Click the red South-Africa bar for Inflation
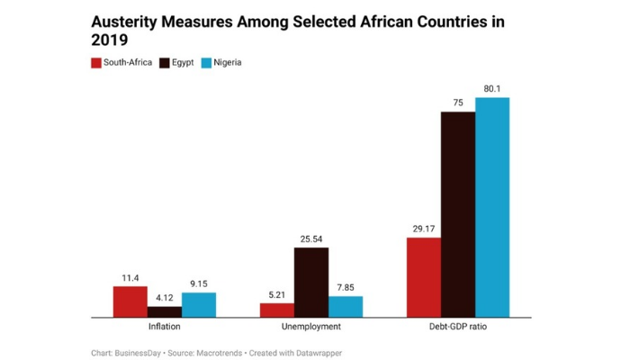coord(130,301)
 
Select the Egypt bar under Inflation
coord(164,311)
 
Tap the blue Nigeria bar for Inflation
coord(199,305)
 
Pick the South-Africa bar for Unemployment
coord(276,310)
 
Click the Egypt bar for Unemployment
coord(311,282)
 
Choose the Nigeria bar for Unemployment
coord(346,307)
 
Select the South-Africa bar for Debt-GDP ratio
coord(423,277)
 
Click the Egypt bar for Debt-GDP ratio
coord(457,214)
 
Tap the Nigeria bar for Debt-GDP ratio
coord(492,207)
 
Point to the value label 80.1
coord(492,88)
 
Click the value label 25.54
coord(311,238)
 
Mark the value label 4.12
coord(164,298)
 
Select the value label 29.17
coord(423,229)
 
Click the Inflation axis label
coord(164,327)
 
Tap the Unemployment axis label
coord(311,327)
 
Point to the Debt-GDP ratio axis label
coord(457,327)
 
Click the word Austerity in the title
coord(130,20)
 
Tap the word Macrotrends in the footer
coord(220,353)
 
